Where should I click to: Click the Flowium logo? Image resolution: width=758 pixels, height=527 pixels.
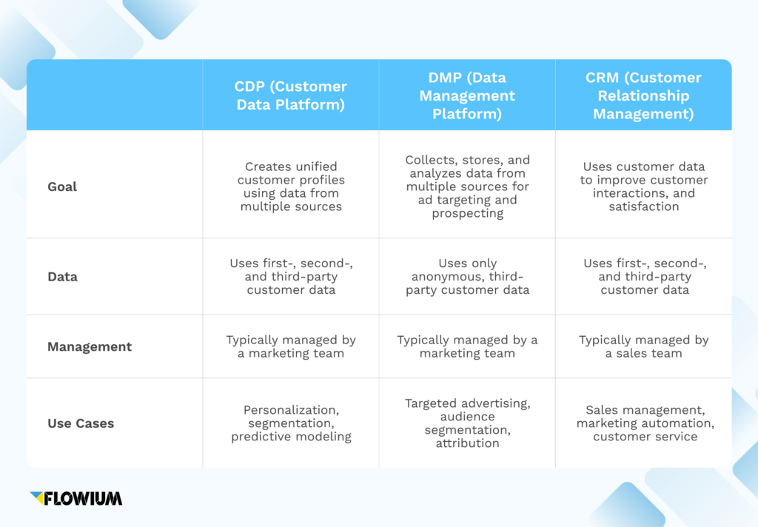(x=76, y=498)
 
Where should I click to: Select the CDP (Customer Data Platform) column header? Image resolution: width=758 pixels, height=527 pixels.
(x=291, y=95)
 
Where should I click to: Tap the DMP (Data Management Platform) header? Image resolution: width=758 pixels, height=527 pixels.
(x=467, y=95)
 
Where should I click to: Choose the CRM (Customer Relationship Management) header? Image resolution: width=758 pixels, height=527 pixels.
(x=643, y=95)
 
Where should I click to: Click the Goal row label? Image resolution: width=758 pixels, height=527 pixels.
(x=62, y=187)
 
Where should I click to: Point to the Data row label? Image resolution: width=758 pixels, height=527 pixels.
(x=62, y=277)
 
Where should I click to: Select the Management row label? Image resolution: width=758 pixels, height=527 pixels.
(x=90, y=346)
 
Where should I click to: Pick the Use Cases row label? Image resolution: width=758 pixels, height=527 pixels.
(x=81, y=423)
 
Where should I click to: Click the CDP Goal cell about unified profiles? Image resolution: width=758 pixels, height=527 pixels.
(x=291, y=187)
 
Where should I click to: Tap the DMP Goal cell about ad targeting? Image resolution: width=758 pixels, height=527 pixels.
(x=467, y=187)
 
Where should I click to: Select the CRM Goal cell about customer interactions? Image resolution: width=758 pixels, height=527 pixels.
(x=644, y=187)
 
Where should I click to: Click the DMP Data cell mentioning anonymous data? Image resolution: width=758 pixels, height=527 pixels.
(x=467, y=277)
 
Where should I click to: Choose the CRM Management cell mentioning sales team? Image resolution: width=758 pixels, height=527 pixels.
(x=644, y=346)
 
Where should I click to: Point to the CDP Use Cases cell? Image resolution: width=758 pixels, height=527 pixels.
(x=291, y=423)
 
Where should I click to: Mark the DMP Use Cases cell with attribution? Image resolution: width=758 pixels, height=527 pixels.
(x=467, y=423)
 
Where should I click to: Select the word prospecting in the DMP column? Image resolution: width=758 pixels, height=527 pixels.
(x=467, y=214)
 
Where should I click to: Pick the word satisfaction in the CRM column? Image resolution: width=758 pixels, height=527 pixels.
(x=644, y=207)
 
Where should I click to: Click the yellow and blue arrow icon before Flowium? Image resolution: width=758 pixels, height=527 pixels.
(x=37, y=497)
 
